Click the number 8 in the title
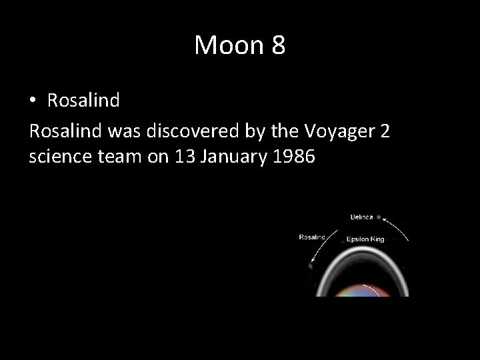coord(277,45)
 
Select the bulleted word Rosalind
coord(83,101)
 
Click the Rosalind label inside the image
coord(312,237)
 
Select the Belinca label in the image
coord(363,217)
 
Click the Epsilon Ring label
coord(365,239)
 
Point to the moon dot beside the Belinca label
coord(379,217)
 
